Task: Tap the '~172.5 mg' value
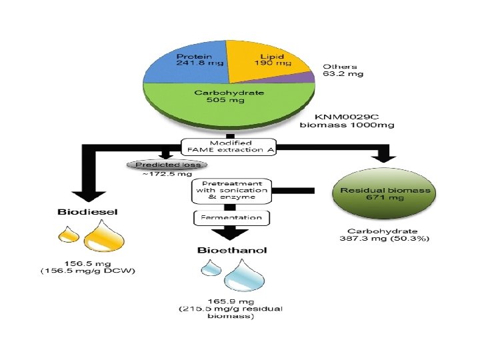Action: point(159,175)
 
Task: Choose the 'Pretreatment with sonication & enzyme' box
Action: point(230,191)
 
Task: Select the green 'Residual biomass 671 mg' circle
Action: point(385,194)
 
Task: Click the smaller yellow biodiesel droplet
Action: point(68,235)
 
